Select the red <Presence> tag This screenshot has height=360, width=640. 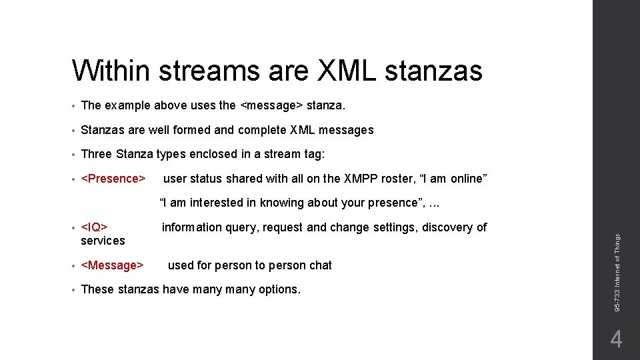[x=113, y=179]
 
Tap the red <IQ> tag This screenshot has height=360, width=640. [x=94, y=227]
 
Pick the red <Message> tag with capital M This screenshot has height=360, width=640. [x=112, y=265]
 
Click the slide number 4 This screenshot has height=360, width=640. [x=616, y=340]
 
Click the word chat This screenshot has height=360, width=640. [x=320, y=265]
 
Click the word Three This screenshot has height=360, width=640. [x=96, y=154]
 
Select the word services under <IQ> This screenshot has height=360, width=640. [x=103, y=241]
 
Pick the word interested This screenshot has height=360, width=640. [x=219, y=203]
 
